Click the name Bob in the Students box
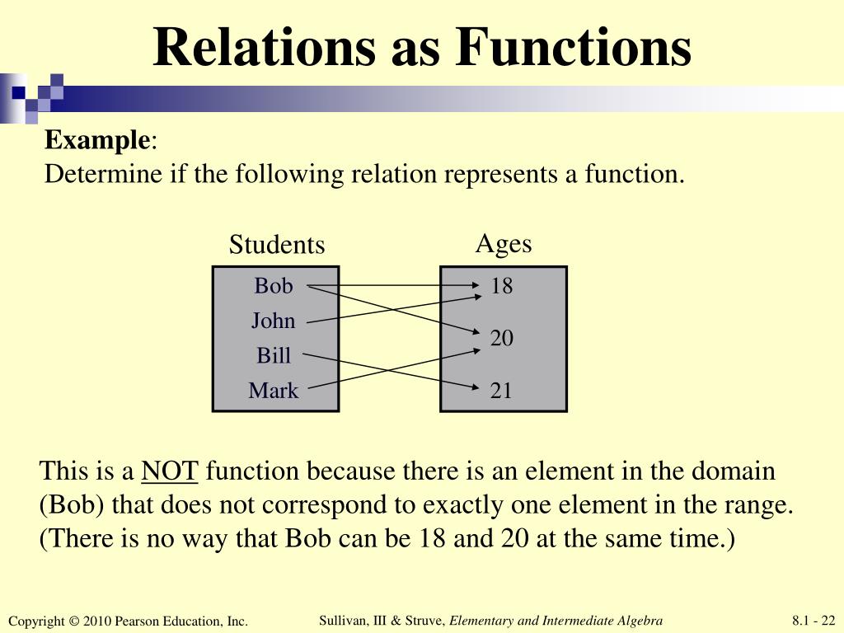pos(273,286)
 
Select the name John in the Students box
pos(273,321)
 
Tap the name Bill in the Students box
pos(274,355)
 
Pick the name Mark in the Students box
pos(274,390)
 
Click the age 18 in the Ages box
pos(501,286)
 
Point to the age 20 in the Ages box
pos(501,338)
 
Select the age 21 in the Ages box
pos(501,390)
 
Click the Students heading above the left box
pos(277,245)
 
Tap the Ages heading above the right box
pos(504,243)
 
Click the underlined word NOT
pos(170,471)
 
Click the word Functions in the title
pos(574,47)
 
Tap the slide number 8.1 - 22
pos(814,621)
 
